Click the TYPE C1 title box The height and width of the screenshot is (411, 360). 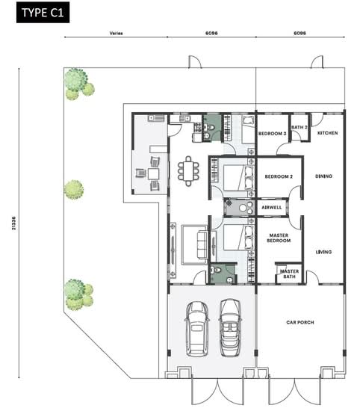coord(43,12)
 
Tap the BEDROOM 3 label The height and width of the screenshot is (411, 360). coord(272,134)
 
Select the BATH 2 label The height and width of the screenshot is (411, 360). coord(300,127)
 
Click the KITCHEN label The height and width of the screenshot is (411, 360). coord(328,133)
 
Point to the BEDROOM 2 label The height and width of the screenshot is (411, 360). coord(279,176)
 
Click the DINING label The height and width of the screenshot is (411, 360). coord(323,176)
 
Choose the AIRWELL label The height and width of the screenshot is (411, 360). coord(272,207)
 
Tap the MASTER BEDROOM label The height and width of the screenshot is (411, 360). coord(279,238)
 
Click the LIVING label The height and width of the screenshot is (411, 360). coord(323,252)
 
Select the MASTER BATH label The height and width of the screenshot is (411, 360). coord(289,274)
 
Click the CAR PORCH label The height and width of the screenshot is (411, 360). coord(300,322)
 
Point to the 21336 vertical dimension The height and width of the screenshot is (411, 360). coord(13,223)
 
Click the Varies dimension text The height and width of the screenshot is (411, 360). coord(116,33)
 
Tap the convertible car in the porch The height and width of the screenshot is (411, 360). coord(230,327)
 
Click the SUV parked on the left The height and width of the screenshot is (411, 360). coord(197,329)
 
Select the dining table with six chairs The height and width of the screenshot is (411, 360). coord(188,171)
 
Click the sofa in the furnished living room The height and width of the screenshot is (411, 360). coord(202,245)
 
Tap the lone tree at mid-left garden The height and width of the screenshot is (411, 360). coord(74,190)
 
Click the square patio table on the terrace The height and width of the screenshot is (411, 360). coord(153,174)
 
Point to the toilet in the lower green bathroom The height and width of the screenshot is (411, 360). coord(217,270)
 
